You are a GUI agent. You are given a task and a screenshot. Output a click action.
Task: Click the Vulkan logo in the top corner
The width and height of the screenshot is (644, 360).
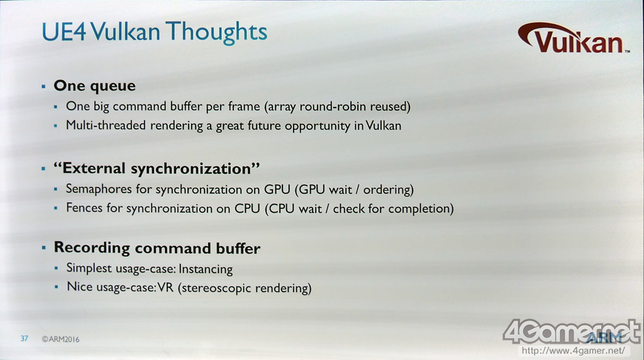pos(574,38)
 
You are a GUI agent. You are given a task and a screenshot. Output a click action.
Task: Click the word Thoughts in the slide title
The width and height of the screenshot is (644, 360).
pos(216,31)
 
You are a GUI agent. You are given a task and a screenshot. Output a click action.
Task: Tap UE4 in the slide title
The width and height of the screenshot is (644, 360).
pos(64,31)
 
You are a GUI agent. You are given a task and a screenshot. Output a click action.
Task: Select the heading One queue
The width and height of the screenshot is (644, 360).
pos(94,86)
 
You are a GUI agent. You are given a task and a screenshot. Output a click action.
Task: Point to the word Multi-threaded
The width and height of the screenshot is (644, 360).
pos(106,125)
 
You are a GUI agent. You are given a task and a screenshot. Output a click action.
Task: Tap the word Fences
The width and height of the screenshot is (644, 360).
pos(84,208)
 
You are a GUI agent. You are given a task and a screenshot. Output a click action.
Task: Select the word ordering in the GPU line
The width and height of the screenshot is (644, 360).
pos(387,190)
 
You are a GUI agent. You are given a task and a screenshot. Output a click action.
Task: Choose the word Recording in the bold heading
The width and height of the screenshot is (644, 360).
pos(92,248)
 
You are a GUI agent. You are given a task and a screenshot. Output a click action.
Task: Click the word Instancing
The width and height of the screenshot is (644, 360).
pos(206,269)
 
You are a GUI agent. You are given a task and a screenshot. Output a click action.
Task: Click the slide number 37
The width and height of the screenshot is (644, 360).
pos(25,339)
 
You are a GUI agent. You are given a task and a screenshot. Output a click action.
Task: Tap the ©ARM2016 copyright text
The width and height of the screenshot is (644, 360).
pos(60,339)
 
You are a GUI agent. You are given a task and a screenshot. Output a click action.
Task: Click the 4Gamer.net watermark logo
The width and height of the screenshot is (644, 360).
pos(572,332)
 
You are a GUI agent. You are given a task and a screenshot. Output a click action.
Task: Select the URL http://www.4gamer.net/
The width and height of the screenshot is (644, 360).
pos(574,351)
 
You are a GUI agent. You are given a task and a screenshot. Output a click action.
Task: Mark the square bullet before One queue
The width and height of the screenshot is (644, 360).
pos(43,86)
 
